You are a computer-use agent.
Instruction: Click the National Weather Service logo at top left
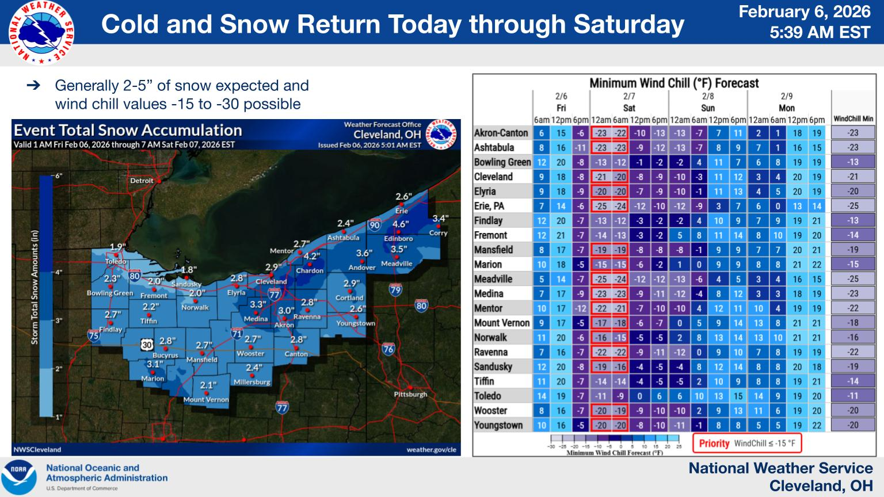click(x=41, y=33)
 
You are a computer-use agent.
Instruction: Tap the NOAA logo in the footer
click(x=18, y=477)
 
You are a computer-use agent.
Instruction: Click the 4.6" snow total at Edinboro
click(x=401, y=224)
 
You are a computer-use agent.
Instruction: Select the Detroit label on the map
click(x=142, y=181)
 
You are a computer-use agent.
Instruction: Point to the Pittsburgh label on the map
click(x=410, y=395)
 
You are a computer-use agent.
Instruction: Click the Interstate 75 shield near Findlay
click(x=93, y=335)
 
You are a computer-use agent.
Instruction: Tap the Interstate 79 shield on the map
click(x=395, y=289)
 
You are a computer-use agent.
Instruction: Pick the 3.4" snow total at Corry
click(x=440, y=219)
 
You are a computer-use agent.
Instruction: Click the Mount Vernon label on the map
click(x=206, y=400)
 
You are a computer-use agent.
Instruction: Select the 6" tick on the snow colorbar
click(x=58, y=176)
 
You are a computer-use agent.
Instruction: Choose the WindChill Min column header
click(x=853, y=119)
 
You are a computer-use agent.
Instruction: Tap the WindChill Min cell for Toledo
click(x=853, y=396)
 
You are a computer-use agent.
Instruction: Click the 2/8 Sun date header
click(x=708, y=102)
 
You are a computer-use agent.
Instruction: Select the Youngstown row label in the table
click(x=498, y=425)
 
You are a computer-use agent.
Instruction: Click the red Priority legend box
click(x=747, y=444)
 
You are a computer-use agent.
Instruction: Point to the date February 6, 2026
click(x=805, y=12)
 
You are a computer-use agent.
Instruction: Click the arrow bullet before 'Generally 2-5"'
click(x=34, y=86)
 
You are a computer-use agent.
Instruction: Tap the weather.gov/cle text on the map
click(x=431, y=450)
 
